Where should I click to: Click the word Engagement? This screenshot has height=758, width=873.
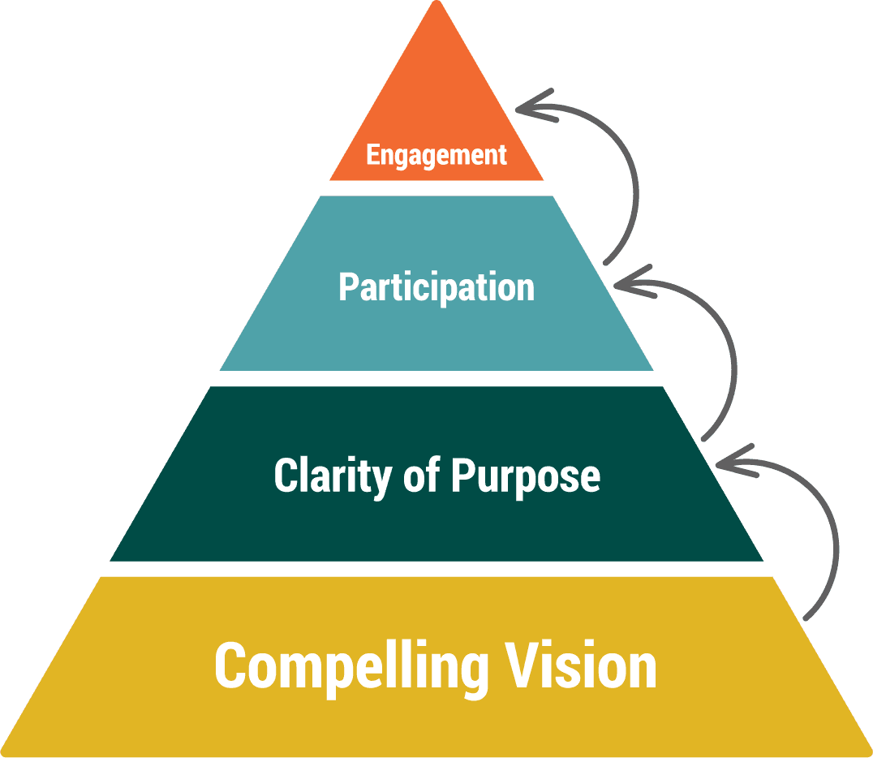[x=436, y=154]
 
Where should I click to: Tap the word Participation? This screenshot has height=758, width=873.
[x=436, y=287]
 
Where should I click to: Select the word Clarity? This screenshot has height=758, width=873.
[x=333, y=476]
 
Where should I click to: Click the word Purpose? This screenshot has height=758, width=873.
[x=526, y=476]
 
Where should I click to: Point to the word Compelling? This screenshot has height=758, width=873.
[x=351, y=668]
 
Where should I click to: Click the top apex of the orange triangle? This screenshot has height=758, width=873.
[x=437, y=3]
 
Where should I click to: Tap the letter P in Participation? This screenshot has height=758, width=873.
[x=347, y=287]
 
